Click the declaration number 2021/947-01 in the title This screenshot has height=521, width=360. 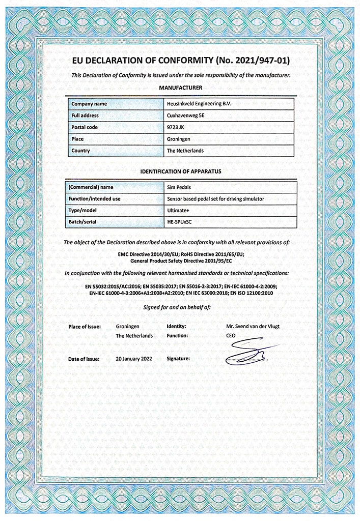point(251,61)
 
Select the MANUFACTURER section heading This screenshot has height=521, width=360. point(181,88)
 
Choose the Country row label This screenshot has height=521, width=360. point(80,151)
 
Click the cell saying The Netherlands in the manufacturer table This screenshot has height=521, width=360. point(185,151)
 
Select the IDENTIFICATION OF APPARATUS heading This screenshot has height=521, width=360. point(181,171)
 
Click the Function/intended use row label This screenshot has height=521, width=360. point(96,199)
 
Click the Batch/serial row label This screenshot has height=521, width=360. point(84,222)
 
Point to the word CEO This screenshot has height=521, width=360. point(231,336)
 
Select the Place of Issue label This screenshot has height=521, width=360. point(84,326)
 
